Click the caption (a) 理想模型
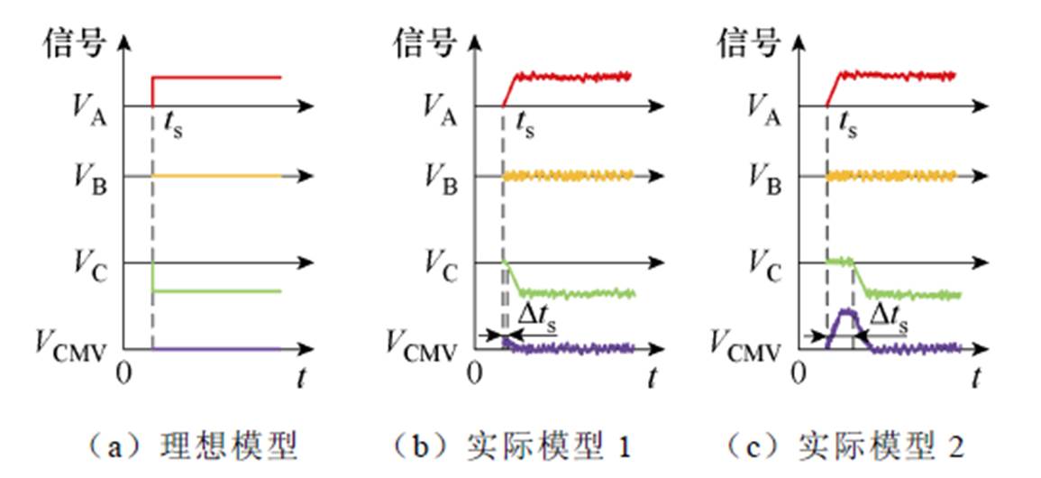click(189, 446)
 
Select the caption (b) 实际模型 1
click(513, 446)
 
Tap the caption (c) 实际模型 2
click(837, 446)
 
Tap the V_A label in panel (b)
click(441, 106)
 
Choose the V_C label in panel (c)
click(766, 263)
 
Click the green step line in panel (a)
click(216, 290)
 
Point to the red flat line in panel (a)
click(216, 78)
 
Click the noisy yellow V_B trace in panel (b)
click(568, 176)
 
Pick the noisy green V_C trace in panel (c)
click(910, 294)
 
